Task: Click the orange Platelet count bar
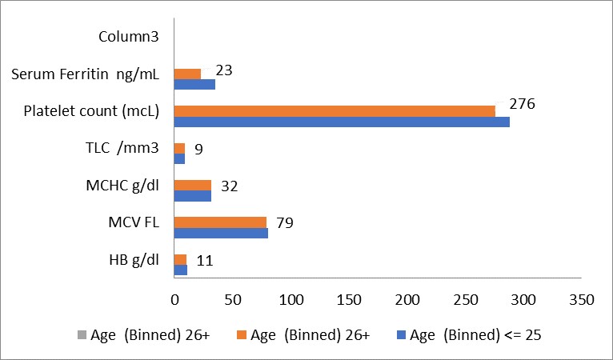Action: pos(335,111)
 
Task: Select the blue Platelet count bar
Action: pos(342,122)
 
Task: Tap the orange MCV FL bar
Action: pos(221,222)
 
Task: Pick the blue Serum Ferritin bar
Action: pos(194,85)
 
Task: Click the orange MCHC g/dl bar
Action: pos(193,186)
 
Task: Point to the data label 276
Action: pos(522,104)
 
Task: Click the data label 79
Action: pos(285,223)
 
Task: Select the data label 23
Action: pos(224,70)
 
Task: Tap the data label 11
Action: pos(205,260)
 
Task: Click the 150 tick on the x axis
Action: pos(349,300)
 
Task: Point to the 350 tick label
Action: pos(582,300)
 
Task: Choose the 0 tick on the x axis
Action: pos(174,300)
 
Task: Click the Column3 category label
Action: pos(129,36)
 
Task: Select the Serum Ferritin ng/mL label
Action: pos(85,74)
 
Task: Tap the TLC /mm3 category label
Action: pos(122,148)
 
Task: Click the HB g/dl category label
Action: pos(134,260)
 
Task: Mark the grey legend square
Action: pos(82,335)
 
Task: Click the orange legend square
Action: pos(242,335)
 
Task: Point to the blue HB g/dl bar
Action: pos(181,270)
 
